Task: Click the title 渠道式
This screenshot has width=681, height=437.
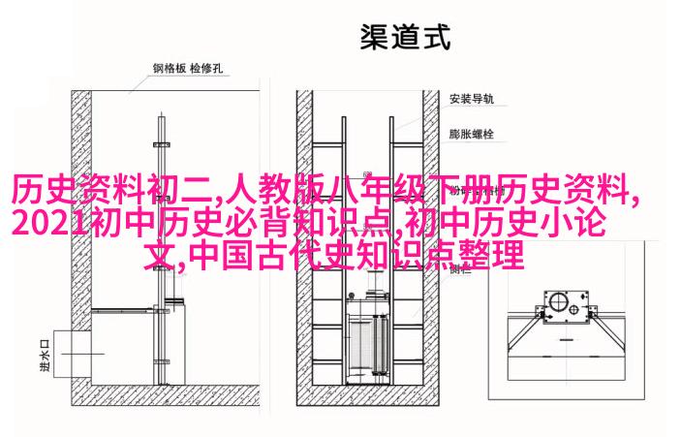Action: point(405,37)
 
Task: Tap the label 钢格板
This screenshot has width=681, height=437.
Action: point(170,68)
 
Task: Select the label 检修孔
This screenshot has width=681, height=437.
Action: point(206,68)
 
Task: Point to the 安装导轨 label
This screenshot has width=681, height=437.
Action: point(471,99)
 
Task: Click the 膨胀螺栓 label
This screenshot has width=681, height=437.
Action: point(471,134)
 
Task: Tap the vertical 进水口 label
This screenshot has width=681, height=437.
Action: point(45,355)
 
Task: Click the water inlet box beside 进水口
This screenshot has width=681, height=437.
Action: point(72,354)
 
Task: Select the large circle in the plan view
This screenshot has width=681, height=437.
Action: point(556,302)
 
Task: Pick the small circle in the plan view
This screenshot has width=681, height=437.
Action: point(573,310)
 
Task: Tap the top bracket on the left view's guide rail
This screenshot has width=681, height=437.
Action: point(161,144)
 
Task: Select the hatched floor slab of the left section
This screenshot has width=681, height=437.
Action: point(166,395)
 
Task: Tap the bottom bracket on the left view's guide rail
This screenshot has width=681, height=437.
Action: point(161,361)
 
